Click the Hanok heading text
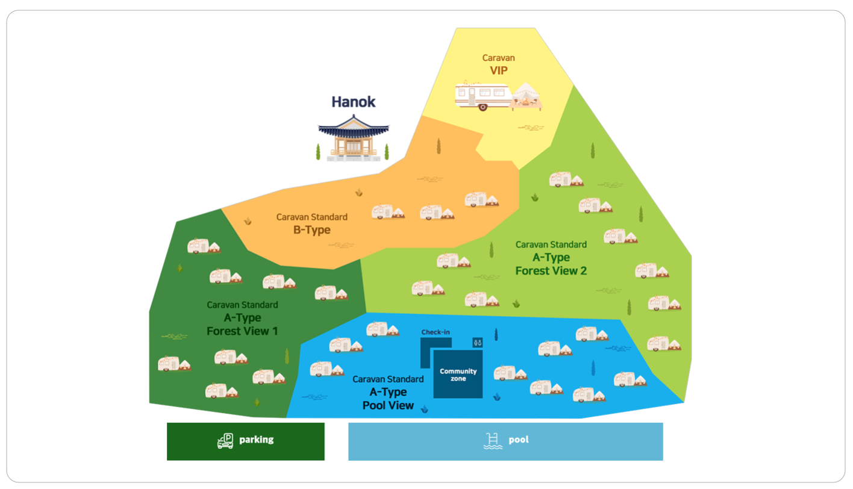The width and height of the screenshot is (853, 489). [353, 102]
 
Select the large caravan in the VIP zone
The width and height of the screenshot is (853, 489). [483, 96]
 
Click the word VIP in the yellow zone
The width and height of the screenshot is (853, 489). [498, 70]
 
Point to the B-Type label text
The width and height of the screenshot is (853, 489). [311, 229]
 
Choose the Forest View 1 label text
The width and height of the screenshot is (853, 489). [242, 331]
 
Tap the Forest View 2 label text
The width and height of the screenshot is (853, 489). [551, 270]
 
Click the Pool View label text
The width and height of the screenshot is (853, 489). [388, 405]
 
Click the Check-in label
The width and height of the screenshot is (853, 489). [435, 332]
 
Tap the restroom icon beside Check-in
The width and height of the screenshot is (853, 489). [477, 342]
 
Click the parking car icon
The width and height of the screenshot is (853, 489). [225, 441]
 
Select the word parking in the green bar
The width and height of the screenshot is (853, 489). [256, 440]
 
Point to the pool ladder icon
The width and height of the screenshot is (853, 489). [493, 440]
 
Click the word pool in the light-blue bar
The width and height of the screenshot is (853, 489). [518, 440]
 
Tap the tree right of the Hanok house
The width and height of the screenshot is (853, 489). [387, 152]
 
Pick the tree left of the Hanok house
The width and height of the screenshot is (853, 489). [318, 152]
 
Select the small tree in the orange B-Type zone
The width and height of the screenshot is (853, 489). [439, 146]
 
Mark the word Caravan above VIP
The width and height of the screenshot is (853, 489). [498, 58]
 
